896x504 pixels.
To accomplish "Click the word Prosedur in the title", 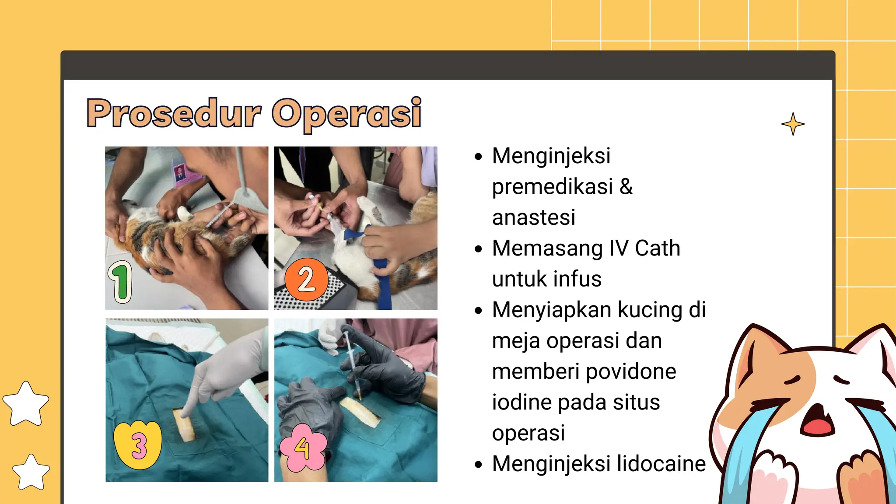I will (174, 113).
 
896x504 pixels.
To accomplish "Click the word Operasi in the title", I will (346, 113).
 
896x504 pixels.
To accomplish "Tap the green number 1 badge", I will (120, 281).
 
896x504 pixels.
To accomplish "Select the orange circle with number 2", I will (306, 279).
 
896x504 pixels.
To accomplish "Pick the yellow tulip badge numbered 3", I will (138, 444).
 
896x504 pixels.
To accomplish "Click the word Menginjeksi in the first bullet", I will (551, 156).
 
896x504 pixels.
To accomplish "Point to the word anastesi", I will (533, 217).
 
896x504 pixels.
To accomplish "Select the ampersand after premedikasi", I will (626, 187).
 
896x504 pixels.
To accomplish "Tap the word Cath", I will (657, 248).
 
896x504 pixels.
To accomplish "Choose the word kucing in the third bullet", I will (650, 310).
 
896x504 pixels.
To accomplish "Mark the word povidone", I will (631, 371).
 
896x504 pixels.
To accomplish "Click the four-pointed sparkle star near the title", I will (793, 124).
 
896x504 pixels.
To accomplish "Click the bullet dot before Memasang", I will (478, 249).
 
